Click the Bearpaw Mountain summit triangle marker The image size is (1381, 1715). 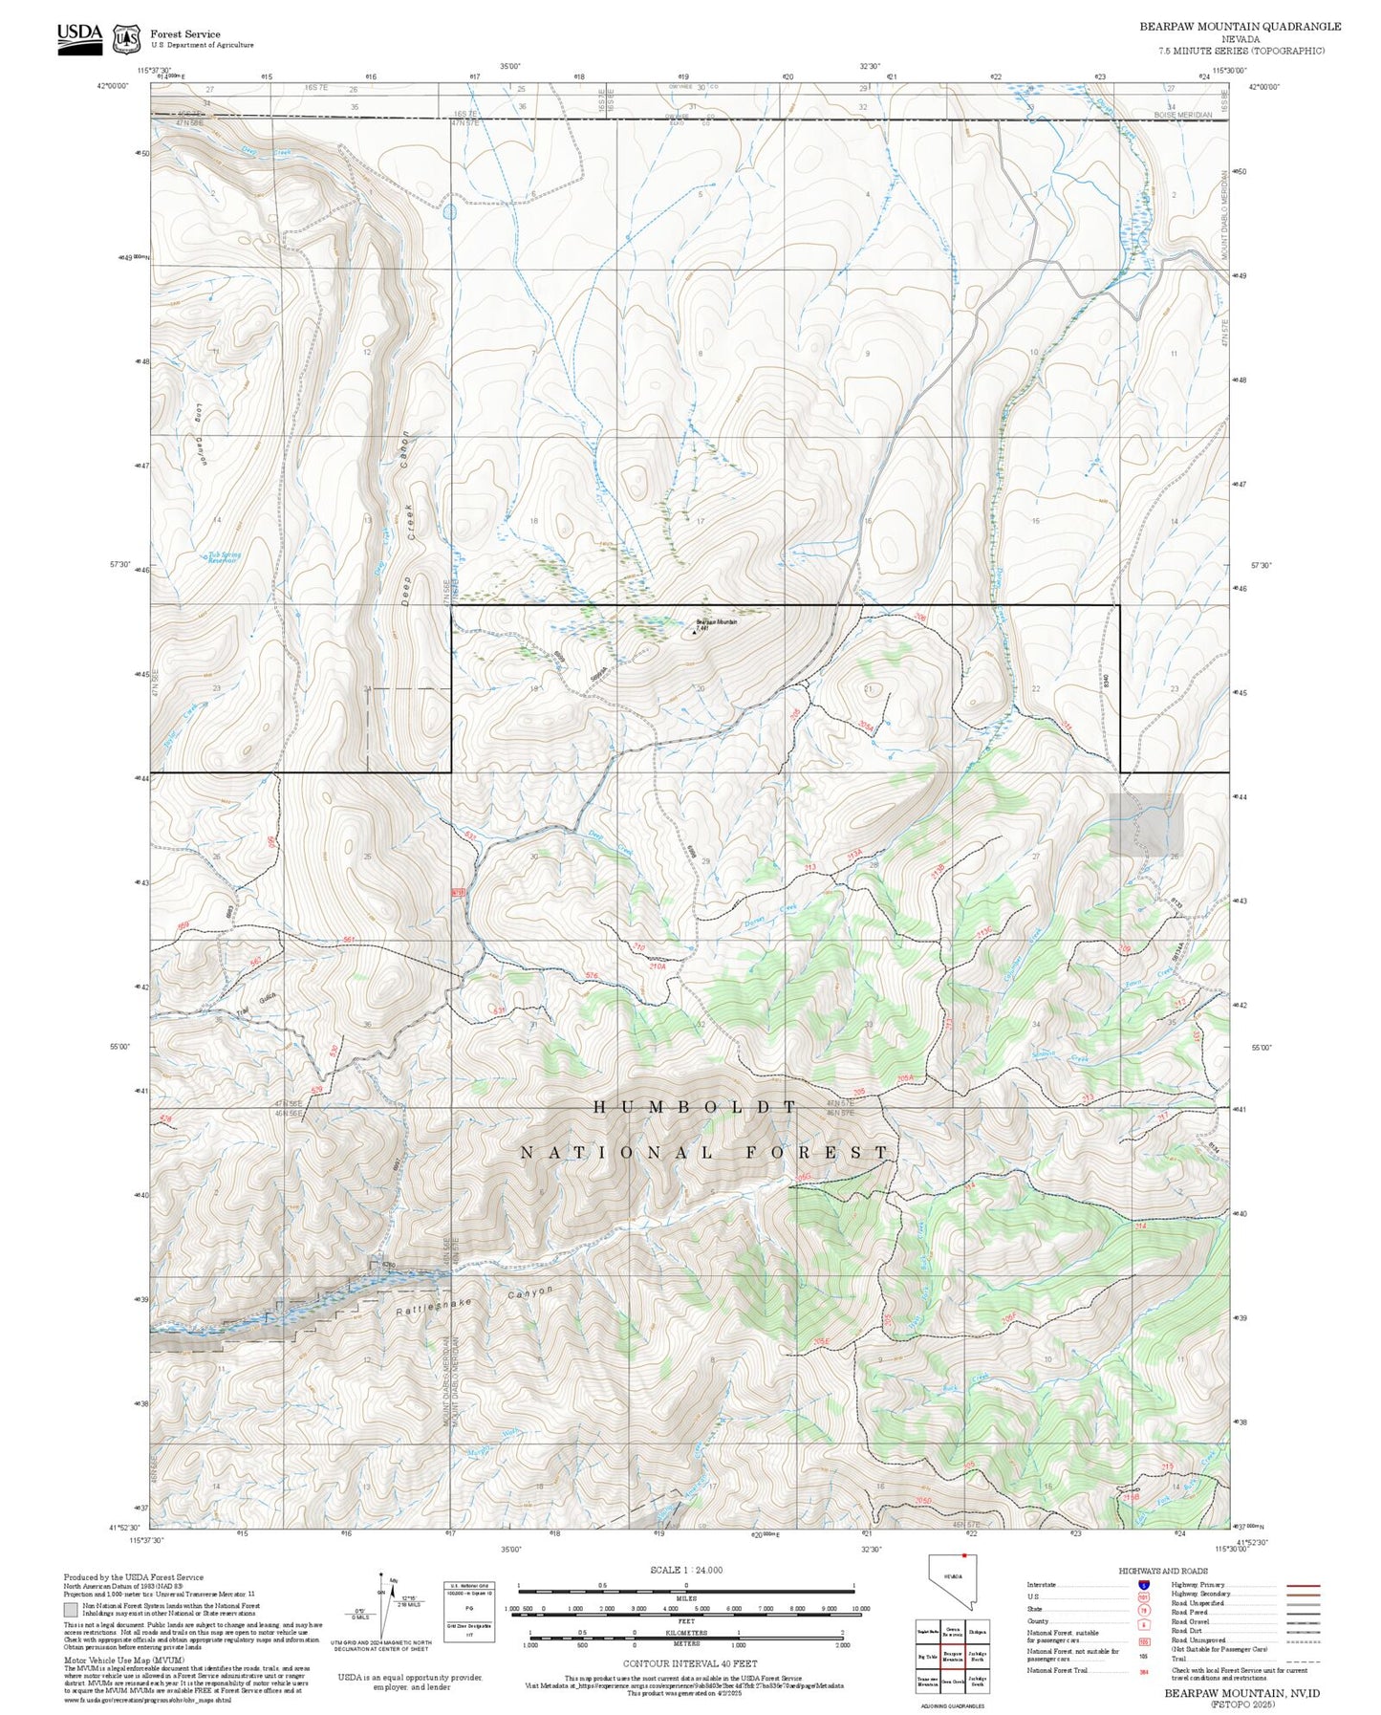[x=694, y=630]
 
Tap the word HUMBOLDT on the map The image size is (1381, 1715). [x=695, y=1107]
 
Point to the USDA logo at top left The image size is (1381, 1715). [x=79, y=37]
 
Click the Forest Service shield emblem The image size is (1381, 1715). [x=126, y=39]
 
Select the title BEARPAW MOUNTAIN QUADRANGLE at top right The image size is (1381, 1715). [x=1240, y=27]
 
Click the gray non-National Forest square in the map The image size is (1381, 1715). [x=1146, y=823]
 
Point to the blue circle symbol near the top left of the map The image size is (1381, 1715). [x=450, y=211]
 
